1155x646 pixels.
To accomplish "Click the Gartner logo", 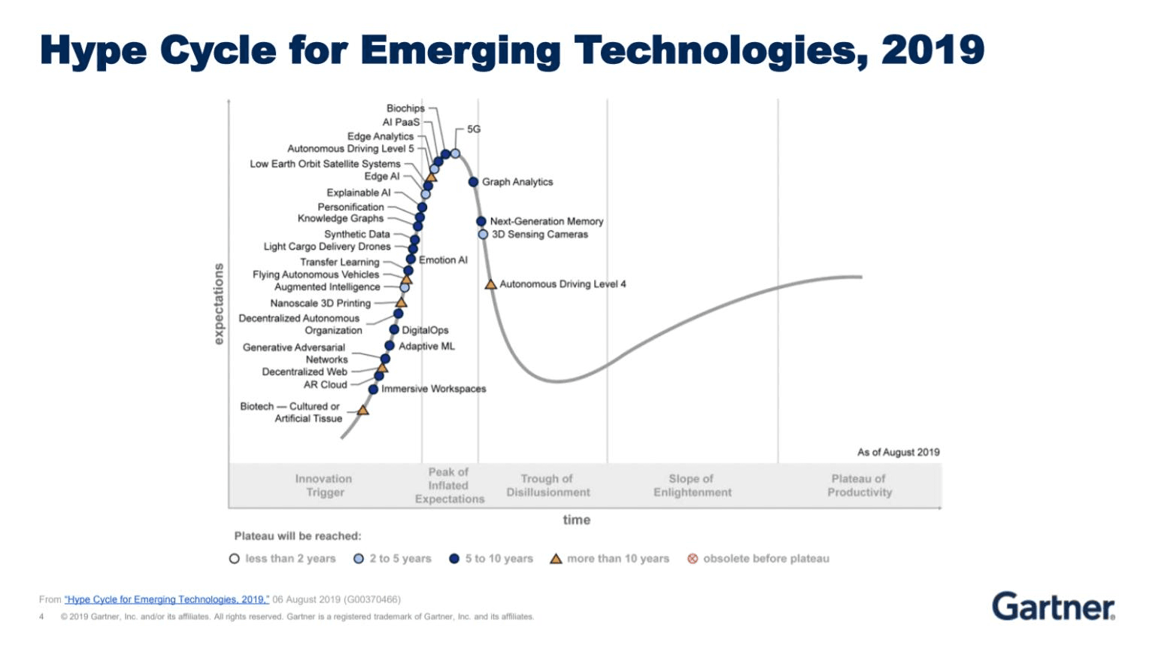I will (1053, 606).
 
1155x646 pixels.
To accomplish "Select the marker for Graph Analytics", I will (473, 182).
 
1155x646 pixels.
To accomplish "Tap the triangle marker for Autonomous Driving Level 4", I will (490, 284).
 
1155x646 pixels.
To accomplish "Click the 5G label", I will (474, 129).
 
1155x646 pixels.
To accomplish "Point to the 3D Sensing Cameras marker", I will (483, 235).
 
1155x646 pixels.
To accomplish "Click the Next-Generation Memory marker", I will (481, 221).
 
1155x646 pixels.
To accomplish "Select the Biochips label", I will (405, 108).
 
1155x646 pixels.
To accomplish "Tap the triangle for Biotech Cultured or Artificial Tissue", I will (362, 411).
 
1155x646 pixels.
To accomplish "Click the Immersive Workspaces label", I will (433, 389).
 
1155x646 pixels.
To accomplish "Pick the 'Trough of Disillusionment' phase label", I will (547, 486).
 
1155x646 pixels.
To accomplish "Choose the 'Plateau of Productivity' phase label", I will (859, 486).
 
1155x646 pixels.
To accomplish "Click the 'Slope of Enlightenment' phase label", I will (692, 486).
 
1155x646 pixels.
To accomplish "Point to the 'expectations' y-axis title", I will (219, 304).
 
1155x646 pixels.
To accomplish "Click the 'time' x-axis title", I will (577, 520).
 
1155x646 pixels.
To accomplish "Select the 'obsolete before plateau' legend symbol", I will (693, 559).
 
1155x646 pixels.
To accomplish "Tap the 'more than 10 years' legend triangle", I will (556, 559).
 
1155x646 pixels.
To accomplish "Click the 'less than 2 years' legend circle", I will (235, 559).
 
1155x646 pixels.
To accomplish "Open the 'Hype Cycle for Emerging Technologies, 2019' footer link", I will (167, 599).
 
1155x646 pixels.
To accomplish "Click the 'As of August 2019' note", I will (898, 452).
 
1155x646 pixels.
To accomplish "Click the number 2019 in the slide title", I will (932, 50).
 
